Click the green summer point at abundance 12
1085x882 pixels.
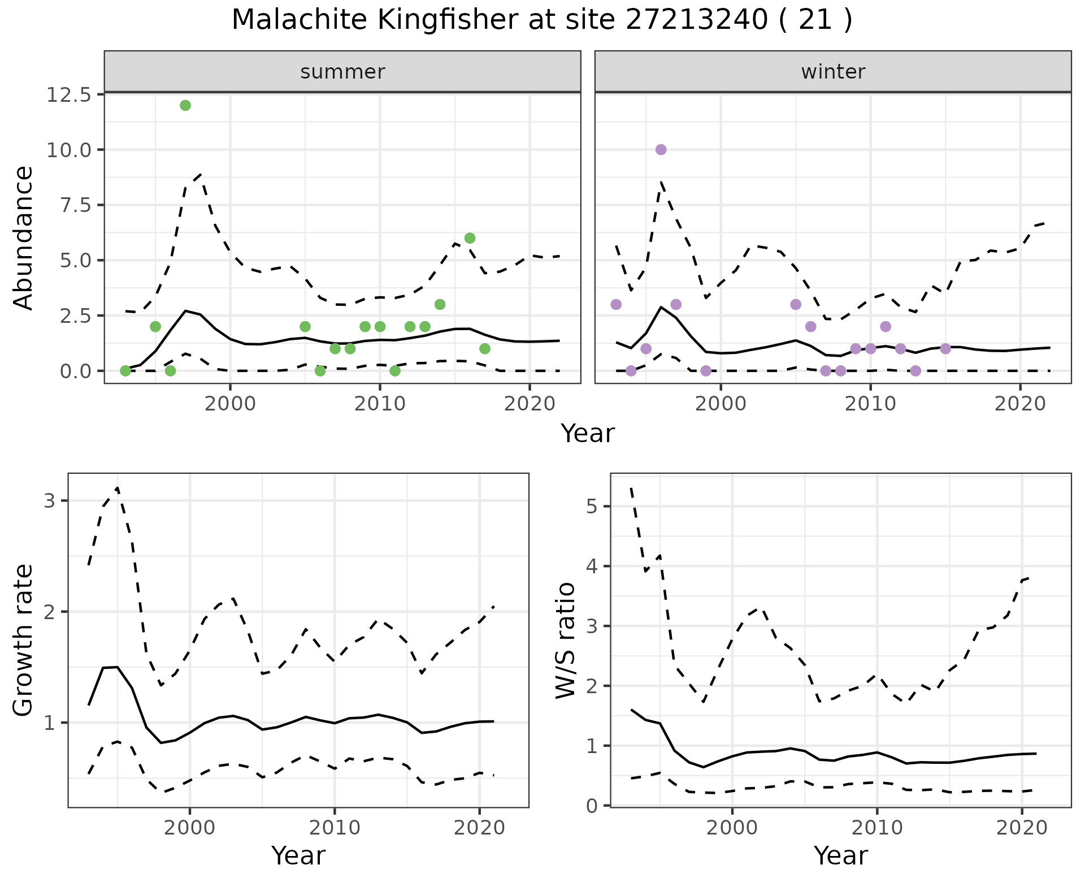(x=185, y=105)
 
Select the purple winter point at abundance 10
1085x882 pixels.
(x=661, y=149)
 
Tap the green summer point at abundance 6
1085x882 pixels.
(x=470, y=238)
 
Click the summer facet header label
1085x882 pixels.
(x=342, y=72)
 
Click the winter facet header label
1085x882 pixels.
(x=833, y=72)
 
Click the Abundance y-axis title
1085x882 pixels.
(x=23, y=237)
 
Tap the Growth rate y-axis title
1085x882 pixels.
(x=23, y=640)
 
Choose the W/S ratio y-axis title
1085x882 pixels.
(x=566, y=640)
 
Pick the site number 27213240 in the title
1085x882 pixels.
(x=696, y=20)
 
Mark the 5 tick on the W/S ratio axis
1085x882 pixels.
(x=592, y=506)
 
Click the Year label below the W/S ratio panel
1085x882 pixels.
(x=841, y=855)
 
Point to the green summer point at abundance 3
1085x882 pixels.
(x=440, y=304)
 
